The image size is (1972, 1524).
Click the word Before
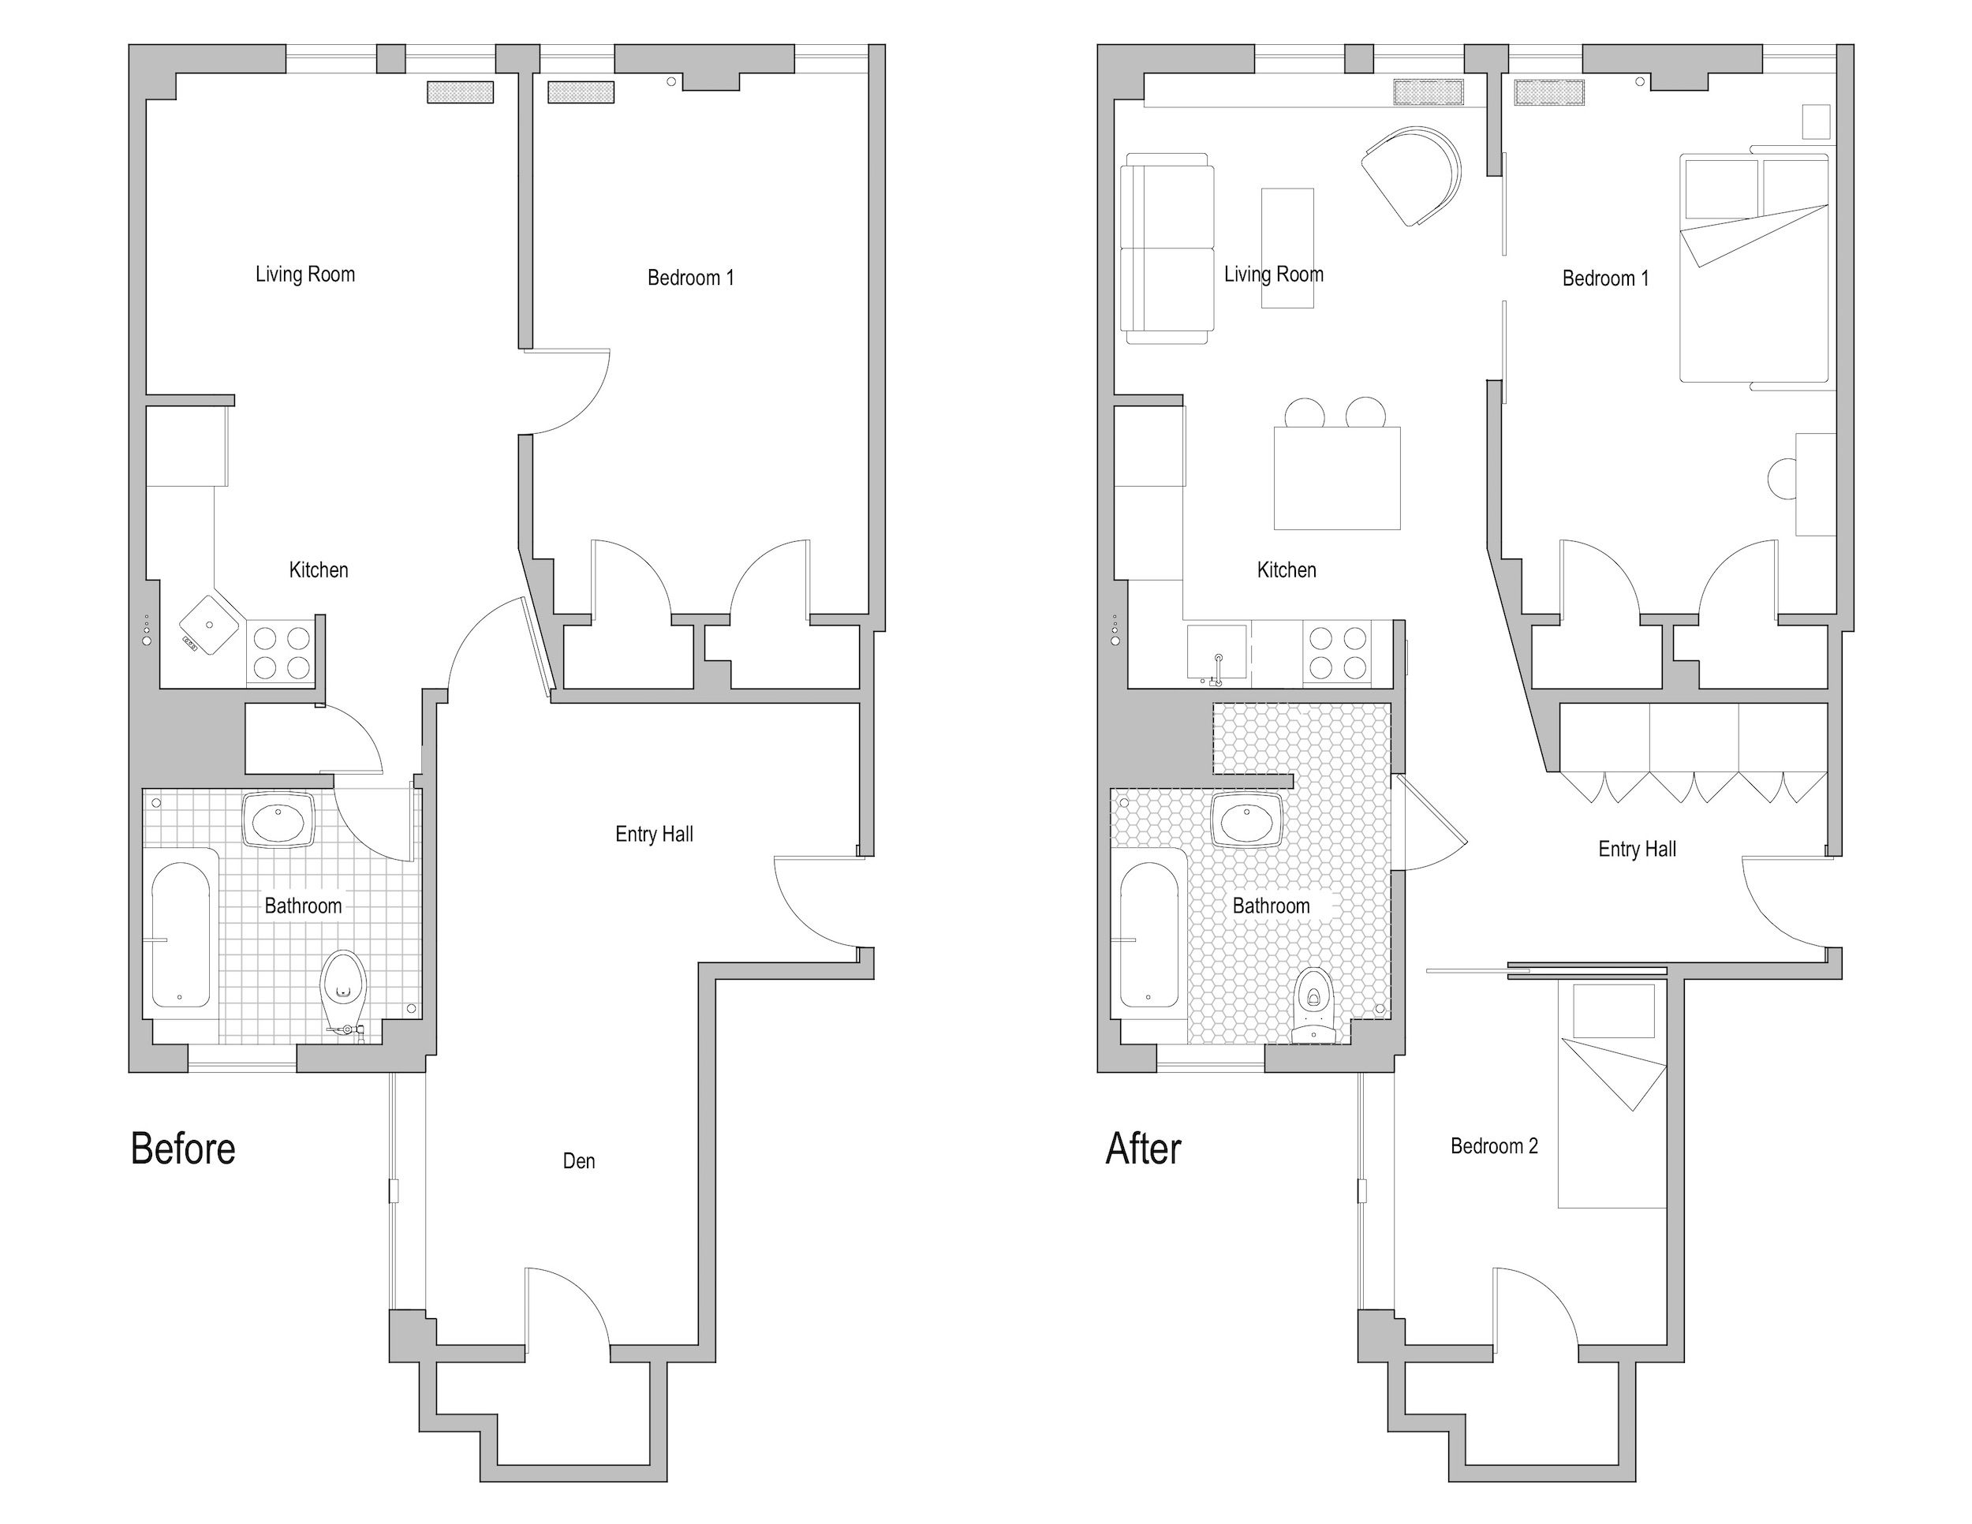click(182, 1149)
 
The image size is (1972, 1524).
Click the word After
click(1143, 1149)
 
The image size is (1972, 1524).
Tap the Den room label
click(578, 1161)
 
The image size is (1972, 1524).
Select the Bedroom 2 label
click(1493, 1145)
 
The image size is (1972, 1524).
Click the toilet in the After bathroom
click(1314, 1005)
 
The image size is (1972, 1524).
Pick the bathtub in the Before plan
click(181, 935)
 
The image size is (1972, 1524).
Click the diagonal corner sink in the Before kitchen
click(211, 624)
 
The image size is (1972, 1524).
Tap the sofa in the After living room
click(1165, 248)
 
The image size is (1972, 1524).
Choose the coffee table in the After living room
click(1287, 248)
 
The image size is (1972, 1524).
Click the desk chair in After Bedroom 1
click(1783, 479)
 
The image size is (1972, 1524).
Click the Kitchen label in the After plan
click(1286, 570)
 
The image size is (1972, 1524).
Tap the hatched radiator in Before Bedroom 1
click(581, 92)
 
